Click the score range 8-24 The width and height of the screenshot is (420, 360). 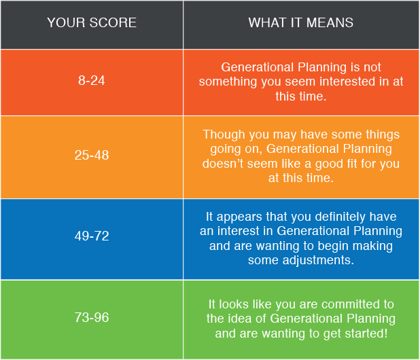click(x=91, y=80)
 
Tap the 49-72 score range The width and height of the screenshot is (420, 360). click(x=92, y=236)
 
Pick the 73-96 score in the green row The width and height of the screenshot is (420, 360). click(x=92, y=317)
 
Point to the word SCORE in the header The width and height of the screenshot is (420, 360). click(x=113, y=22)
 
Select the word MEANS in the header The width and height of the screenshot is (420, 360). click(x=330, y=22)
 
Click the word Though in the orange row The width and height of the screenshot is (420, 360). click(x=224, y=134)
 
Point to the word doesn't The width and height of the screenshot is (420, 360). click(x=223, y=164)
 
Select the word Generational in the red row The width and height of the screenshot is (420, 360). click(x=258, y=67)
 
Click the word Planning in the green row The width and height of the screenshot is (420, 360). click(x=371, y=319)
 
